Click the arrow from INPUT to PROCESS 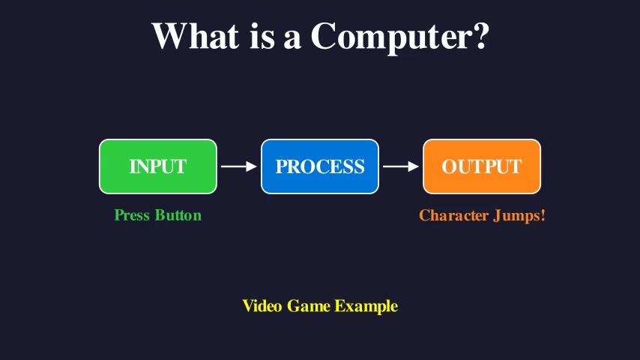click(x=238, y=166)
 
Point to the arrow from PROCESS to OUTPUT click(x=400, y=166)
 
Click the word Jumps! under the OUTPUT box click(x=519, y=216)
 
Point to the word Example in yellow click(x=366, y=307)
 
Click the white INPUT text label click(x=158, y=166)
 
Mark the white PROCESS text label click(x=320, y=166)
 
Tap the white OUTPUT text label click(x=482, y=166)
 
